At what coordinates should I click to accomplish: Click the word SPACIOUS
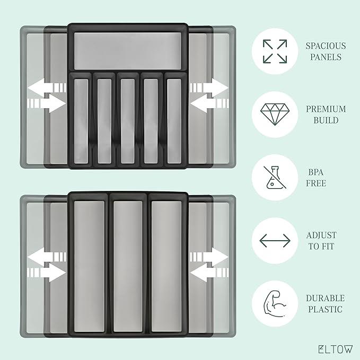[325, 46]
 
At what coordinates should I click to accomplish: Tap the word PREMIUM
[325, 109]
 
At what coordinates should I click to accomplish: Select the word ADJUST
[321, 235]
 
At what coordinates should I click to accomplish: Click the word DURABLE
[324, 298]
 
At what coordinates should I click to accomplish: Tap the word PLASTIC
[324, 310]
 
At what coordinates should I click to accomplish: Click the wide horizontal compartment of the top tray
[128, 50]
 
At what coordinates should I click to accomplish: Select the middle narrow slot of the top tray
[128, 121]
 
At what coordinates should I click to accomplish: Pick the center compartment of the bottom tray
[128, 264]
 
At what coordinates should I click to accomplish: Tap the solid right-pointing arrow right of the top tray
[212, 86]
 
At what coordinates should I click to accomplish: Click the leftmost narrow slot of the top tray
[81, 121]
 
